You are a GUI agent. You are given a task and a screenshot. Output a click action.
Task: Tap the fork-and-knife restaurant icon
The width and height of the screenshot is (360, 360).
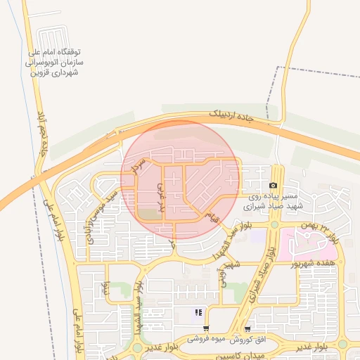(199, 312)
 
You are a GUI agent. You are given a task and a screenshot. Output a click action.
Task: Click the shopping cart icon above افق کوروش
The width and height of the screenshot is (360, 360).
(247, 328)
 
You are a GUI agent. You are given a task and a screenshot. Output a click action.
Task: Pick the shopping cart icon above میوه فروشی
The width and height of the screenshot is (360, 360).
(205, 328)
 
